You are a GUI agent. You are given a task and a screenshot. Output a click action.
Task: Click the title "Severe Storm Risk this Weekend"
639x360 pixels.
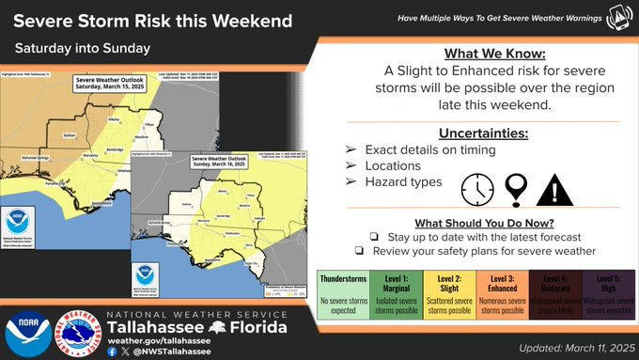(x=153, y=21)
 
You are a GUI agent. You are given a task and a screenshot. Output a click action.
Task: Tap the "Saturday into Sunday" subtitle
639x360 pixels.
(x=83, y=48)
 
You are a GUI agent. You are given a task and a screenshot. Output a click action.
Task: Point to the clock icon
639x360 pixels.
(x=477, y=190)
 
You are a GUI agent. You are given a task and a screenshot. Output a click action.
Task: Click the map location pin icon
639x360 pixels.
(x=515, y=190)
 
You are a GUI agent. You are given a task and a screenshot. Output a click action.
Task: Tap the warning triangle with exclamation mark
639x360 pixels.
(x=554, y=190)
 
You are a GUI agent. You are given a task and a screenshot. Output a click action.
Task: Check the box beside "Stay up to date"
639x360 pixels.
(x=373, y=237)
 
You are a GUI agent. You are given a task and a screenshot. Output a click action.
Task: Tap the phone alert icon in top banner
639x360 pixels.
(x=618, y=17)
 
